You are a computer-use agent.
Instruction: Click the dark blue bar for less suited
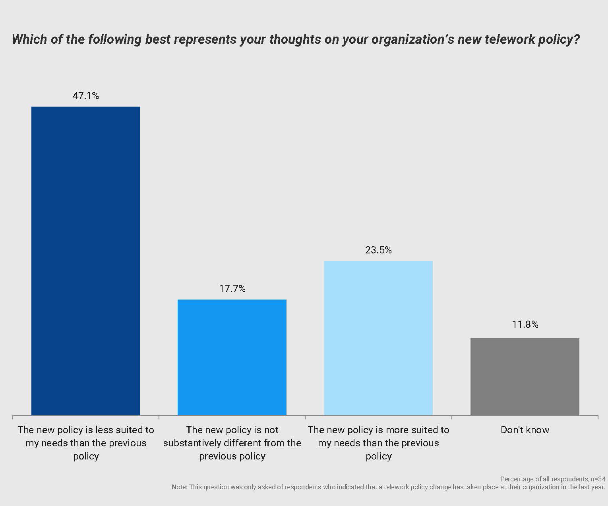click(x=86, y=261)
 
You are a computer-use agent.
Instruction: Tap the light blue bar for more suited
click(x=378, y=338)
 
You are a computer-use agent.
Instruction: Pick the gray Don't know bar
click(x=525, y=376)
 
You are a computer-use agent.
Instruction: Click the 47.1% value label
click(x=86, y=96)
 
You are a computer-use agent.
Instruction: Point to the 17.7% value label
click(x=232, y=289)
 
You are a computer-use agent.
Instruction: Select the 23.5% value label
click(x=378, y=250)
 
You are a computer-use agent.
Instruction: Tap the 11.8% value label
click(x=525, y=325)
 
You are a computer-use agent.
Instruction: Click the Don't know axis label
click(x=525, y=430)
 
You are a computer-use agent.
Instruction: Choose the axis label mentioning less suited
click(x=86, y=443)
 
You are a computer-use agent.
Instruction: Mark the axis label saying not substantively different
click(x=232, y=443)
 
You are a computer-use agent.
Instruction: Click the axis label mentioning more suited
click(x=378, y=443)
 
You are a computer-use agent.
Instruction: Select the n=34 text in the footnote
click(x=598, y=479)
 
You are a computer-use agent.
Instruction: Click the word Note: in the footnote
click(x=180, y=487)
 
